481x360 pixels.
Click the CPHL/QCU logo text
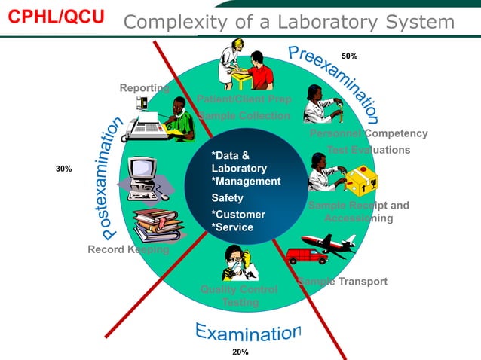(x=57, y=17)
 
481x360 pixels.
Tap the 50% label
(x=349, y=56)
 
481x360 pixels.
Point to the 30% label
(x=64, y=169)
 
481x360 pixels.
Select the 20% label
(x=240, y=352)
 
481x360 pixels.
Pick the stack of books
(x=157, y=225)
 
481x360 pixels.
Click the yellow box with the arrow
(x=360, y=182)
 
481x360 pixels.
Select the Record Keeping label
(x=128, y=249)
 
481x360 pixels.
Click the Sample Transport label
(x=342, y=282)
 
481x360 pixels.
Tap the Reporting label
(x=144, y=88)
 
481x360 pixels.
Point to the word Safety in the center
(x=227, y=198)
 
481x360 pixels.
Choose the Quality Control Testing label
(x=239, y=295)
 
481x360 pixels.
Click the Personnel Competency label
(x=369, y=133)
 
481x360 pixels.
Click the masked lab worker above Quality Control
(x=239, y=263)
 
